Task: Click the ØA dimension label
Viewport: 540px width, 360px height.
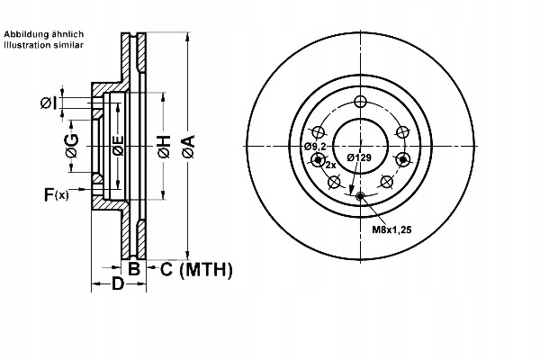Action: (x=189, y=147)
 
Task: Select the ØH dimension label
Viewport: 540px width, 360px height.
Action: (x=165, y=147)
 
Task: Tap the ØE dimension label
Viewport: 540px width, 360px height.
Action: (x=118, y=146)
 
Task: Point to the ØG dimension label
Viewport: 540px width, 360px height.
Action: (x=72, y=146)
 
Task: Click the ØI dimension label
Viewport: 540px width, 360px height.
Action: (x=48, y=103)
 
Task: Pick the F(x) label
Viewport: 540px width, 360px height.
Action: (x=57, y=194)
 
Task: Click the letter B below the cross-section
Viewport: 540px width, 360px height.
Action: (x=134, y=269)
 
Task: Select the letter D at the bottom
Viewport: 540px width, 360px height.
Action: (x=117, y=283)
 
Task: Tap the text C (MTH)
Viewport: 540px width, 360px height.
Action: (x=196, y=269)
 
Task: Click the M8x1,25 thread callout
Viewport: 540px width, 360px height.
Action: (x=391, y=229)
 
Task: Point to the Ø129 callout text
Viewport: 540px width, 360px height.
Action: (x=359, y=157)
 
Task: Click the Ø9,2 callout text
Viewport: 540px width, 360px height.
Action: (x=315, y=147)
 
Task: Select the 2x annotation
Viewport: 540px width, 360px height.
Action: (x=330, y=166)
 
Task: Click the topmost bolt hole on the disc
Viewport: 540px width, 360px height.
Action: (x=361, y=102)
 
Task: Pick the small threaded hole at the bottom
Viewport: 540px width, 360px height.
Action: (x=360, y=196)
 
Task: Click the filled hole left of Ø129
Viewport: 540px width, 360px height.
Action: (x=318, y=159)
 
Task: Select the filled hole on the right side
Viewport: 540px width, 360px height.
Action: (x=403, y=159)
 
